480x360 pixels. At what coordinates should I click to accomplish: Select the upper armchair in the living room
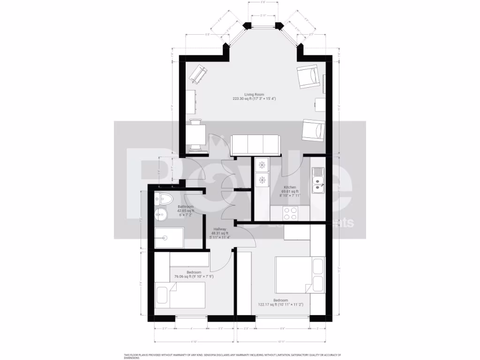point(309,77)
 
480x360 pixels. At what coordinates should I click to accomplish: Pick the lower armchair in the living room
point(313,129)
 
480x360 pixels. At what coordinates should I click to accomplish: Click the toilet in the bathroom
point(162,199)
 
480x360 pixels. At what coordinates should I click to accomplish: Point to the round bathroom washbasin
point(160,216)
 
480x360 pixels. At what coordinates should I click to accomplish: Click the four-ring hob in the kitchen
point(290,213)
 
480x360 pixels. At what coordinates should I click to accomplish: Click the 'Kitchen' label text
point(289,187)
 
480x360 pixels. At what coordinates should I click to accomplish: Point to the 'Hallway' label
point(218,229)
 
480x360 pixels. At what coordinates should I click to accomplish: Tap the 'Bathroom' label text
point(185,207)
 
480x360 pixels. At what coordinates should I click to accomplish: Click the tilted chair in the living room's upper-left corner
point(197,74)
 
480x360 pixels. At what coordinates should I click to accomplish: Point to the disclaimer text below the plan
point(232,357)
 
